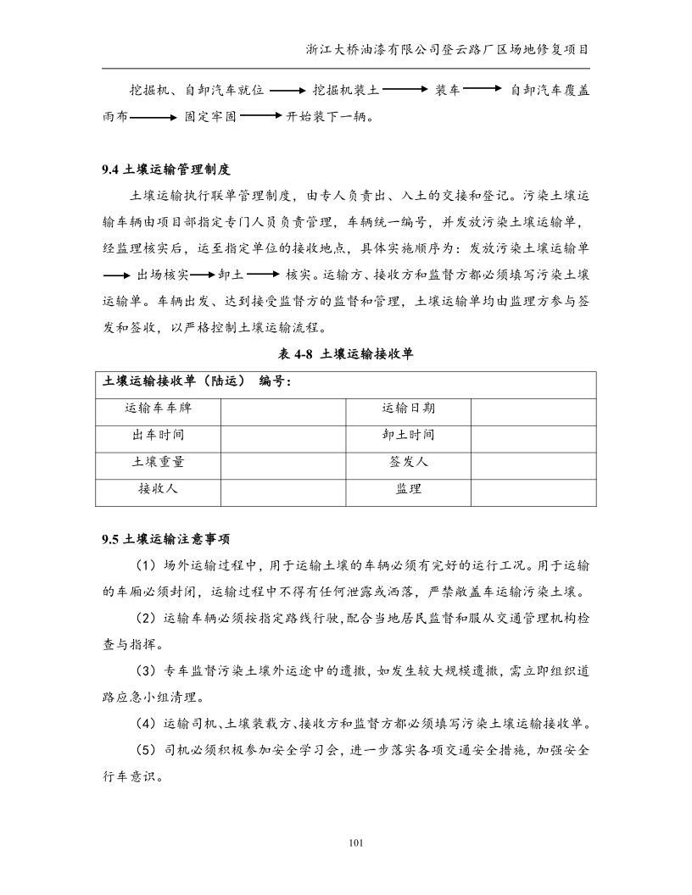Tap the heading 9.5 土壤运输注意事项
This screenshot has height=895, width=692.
(x=165, y=538)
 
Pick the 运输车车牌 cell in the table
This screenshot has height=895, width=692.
(x=158, y=409)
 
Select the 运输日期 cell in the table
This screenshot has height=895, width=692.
(x=408, y=409)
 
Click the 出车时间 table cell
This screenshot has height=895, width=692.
(x=158, y=435)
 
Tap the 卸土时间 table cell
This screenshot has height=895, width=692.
(x=408, y=435)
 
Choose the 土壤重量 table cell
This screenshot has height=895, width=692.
(x=158, y=462)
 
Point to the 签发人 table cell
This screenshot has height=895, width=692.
(x=408, y=462)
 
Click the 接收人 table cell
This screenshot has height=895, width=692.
(x=158, y=489)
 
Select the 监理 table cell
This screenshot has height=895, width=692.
(x=408, y=489)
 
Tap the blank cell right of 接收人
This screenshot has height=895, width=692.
(x=283, y=489)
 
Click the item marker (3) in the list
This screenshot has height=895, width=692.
(x=147, y=672)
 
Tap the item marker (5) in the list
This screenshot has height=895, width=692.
(x=147, y=751)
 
